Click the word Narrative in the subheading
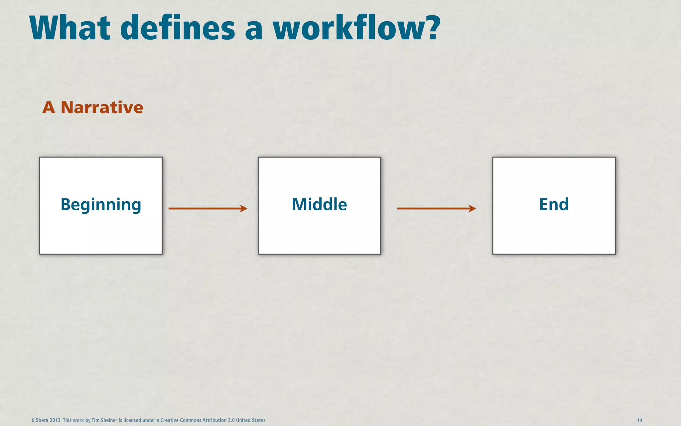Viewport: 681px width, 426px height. click(102, 107)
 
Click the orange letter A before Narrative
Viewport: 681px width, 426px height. click(49, 107)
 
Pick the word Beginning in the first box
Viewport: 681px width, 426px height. click(101, 205)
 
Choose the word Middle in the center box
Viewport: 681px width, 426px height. click(319, 204)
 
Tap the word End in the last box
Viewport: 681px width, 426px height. click(554, 204)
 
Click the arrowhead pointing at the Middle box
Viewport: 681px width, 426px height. click(244, 209)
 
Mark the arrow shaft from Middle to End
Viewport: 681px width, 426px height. click(432, 209)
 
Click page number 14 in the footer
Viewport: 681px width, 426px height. click(639, 420)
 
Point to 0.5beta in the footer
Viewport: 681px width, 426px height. click(40, 420)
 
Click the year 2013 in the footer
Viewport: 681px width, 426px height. click(55, 420)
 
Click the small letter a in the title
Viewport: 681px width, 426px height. click(253, 30)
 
